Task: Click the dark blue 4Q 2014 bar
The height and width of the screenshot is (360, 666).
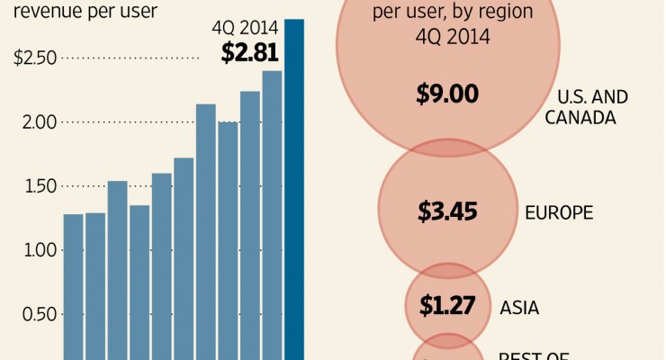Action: [294, 189]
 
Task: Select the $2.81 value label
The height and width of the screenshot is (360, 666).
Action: [249, 52]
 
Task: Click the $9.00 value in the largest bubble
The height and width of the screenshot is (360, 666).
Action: [447, 94]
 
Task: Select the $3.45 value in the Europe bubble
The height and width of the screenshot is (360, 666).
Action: [447, 212]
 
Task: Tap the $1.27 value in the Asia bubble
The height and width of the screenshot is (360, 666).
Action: [447, 306]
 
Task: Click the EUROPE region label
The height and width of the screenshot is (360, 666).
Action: [559, 213]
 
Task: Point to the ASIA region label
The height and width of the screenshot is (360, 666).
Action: [519, 308]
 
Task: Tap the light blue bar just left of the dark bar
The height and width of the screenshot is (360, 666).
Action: [272, 216]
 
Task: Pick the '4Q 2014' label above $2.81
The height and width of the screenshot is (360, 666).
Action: [249, 27]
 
